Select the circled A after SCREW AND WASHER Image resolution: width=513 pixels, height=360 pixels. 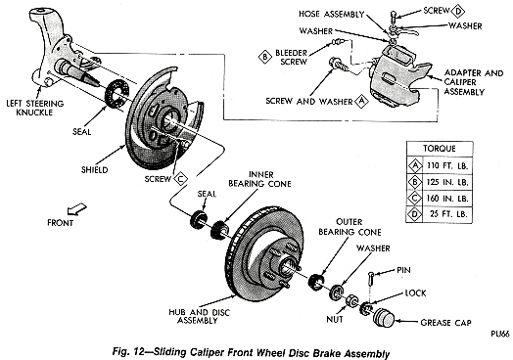coord(362,100)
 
